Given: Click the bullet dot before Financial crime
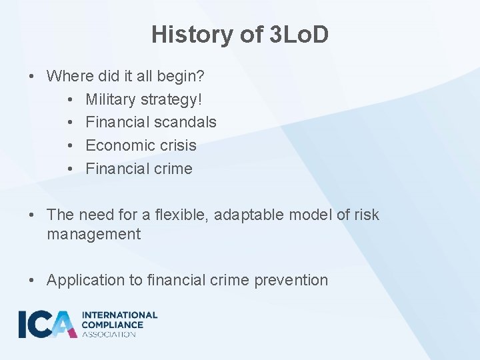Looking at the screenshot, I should (71, 169).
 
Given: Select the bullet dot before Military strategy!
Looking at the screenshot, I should (71, 99).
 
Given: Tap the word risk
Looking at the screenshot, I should (365, 215).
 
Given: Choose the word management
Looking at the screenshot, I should (94, 234).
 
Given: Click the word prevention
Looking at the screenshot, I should (291, 280).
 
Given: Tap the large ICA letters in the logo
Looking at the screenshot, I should (47, 324).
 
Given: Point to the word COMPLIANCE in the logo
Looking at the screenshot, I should (112, 325).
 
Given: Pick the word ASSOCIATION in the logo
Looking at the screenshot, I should (109, 334).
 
